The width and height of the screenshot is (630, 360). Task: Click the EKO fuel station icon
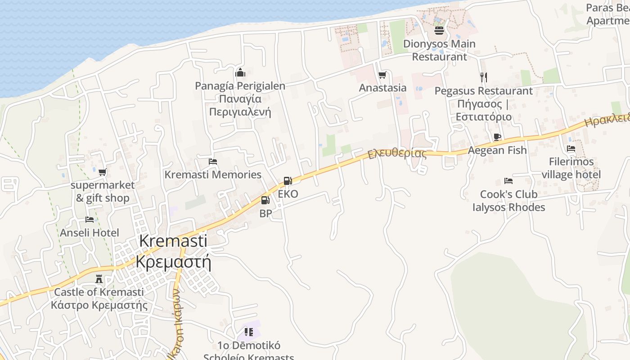[288, 181]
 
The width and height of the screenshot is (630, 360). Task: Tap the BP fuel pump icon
[265, 200]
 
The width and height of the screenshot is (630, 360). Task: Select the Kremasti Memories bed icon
[213, 162]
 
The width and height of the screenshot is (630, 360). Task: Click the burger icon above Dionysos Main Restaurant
[439, 31]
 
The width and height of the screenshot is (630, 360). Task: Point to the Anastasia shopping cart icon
[382, 75]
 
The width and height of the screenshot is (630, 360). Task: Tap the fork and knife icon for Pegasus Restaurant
[483, 77]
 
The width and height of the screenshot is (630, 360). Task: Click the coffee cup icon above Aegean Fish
[497, 137]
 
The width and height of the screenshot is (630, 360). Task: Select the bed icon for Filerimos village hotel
[571, 148]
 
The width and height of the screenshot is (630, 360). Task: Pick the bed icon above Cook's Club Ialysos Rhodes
[508, 181]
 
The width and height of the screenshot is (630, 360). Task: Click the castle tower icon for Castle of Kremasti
[99, 279]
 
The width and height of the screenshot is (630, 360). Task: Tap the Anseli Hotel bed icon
[90, 220]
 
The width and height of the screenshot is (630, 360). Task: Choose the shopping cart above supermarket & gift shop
[103, 172]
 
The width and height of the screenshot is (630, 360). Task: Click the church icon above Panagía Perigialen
[240, 72]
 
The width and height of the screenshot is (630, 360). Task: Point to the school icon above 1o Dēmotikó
[248, 332]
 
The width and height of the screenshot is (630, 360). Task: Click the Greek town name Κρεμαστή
[173, 261]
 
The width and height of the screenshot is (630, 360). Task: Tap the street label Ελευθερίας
[397, 153]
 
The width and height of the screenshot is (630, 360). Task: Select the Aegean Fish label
[497, 150]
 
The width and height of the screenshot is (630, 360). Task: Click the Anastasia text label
[382, 88]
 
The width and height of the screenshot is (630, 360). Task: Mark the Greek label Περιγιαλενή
[240, 112]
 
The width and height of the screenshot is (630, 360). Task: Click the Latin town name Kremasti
[173, 241]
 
